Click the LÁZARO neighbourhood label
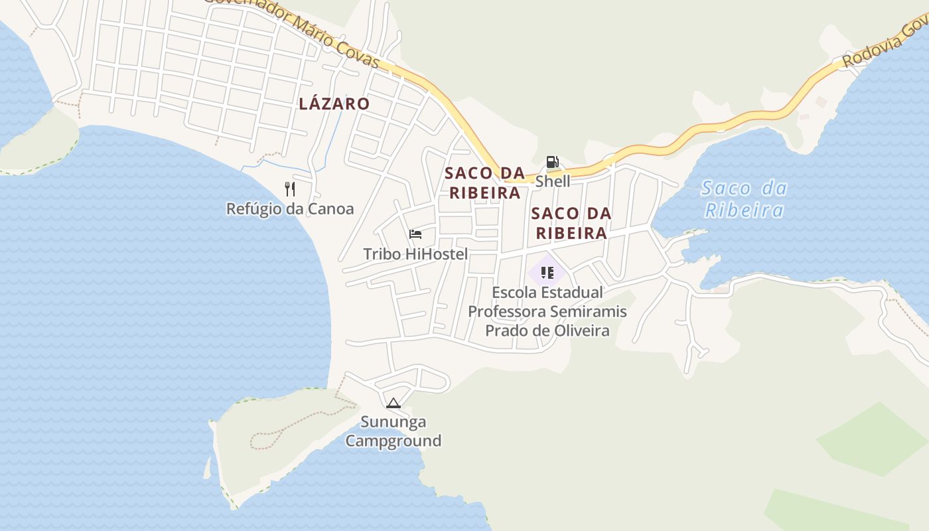click(x=334, y=104)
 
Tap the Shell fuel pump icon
click(x=552, y=162)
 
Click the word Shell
click(x=552, y=181)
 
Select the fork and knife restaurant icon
click(x=290, y=189)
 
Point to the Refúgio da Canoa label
click(x=290, y=209)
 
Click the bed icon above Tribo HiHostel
click(x=415, y=234)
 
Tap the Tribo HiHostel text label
click(x=415, y=254)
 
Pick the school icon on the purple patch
click(x=547, y=273)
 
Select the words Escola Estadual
click(x=547, y=293)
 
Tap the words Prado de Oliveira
click(x=547, y=330)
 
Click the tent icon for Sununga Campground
click(x=393, y=403)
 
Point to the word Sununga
click(x=393, y=422)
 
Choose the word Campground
click(x=393, y=441)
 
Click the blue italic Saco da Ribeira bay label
click(x=744, y=199)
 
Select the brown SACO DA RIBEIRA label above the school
click(x=571, y=223)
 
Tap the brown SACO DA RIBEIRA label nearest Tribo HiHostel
click(x=484, y=183)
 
